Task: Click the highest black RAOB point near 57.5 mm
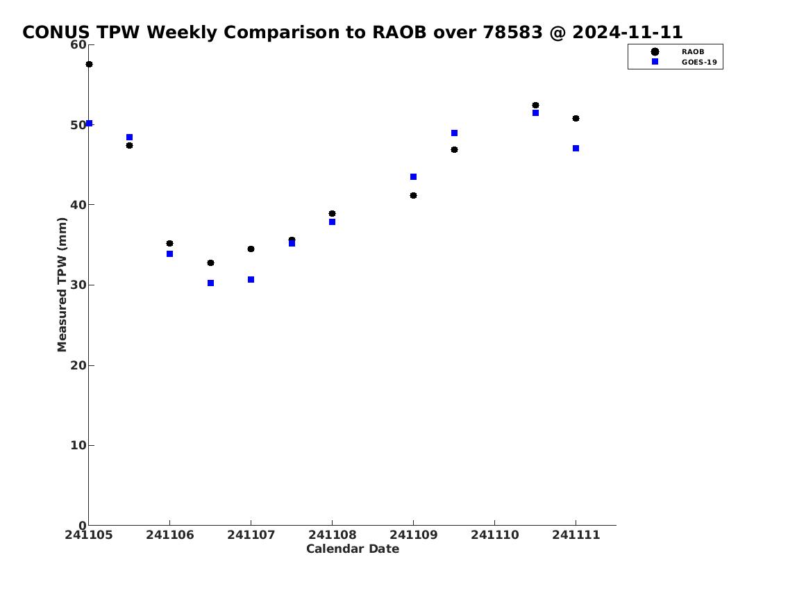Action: point(89,65)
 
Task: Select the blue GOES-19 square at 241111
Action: point(576,148)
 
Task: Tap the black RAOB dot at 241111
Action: point(576,119)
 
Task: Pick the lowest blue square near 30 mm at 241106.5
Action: point(210,283)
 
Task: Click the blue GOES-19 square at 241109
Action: point(414,177)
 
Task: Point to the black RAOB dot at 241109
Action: point(414,195)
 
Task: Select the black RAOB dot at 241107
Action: point(251,249)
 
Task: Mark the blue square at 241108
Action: point(332,222)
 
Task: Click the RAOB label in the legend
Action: point(693,52)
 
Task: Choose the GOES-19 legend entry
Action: point(699,63)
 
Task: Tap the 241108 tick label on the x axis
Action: point(332,535)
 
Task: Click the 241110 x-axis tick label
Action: point(495,535)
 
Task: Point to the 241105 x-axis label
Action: point(89,535)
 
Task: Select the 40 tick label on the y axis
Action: point(78,205)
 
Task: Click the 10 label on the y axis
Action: point(78,445)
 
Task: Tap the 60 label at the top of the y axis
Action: point(78,44)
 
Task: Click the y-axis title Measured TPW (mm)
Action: point(62,285)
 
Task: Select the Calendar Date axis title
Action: point(353,549)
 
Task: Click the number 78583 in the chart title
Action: point(512,32)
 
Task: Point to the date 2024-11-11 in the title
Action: point(628,32)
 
